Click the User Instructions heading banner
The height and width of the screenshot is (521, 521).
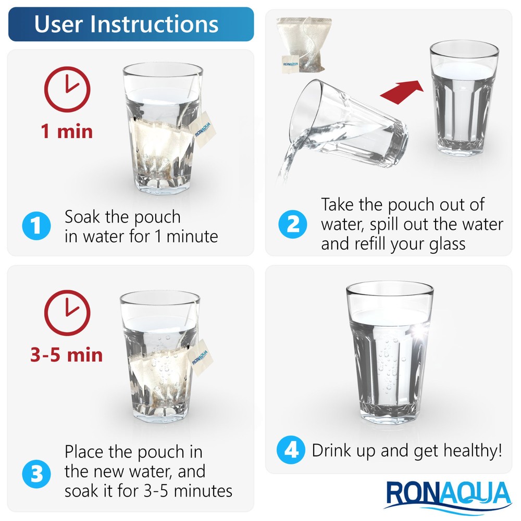(x=130, y=24)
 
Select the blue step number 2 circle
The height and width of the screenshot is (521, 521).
(x=293, y=225)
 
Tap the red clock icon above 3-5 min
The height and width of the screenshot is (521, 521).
(x=67, y=313)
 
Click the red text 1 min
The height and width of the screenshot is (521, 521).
(x=67, y=130)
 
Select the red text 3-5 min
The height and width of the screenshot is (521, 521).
(x=67, y=355)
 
